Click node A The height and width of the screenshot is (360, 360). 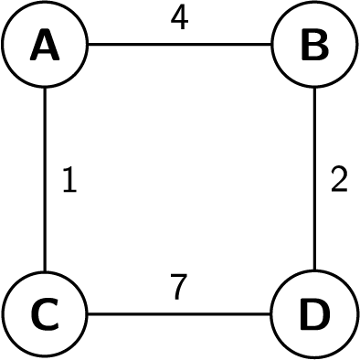45,45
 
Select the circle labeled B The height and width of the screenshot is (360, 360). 314,45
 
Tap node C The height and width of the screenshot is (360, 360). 45,314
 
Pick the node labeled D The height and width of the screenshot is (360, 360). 314,314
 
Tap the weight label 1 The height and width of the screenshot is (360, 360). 69,181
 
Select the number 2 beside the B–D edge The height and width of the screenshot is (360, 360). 339,181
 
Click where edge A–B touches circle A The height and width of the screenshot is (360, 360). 88,45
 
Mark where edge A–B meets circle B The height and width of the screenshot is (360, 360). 271,45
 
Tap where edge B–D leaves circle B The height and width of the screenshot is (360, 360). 314,88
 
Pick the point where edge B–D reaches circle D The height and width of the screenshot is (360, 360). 314,271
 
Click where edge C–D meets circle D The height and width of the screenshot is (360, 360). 271,314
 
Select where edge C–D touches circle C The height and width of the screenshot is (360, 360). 88,314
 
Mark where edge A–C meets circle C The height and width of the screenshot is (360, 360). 45,271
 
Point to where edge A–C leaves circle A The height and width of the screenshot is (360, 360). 45,88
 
